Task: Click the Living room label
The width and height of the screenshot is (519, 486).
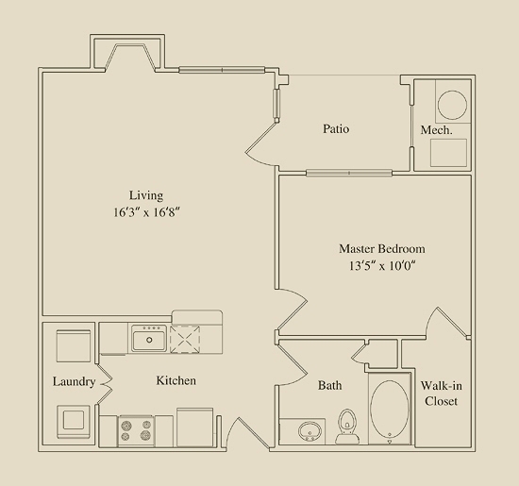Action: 146,195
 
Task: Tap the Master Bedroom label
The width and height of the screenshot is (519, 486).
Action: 382,248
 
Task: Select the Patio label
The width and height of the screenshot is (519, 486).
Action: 336,128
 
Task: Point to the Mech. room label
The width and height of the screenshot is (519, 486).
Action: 436,130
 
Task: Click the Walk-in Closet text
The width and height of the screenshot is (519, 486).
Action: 442,394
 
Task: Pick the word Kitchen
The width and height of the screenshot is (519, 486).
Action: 176,380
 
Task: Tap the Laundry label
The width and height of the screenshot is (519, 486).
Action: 74,381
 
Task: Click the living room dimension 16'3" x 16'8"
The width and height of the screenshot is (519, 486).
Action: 146,212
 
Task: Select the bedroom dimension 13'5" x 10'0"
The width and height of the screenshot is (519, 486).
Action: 382,266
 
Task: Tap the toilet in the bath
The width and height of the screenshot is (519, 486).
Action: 347,427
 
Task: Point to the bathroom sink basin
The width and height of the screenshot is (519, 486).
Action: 310,431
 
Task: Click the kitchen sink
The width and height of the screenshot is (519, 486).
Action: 149,339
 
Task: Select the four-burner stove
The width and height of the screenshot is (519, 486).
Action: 136,430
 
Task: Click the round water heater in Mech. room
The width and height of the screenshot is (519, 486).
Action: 452,105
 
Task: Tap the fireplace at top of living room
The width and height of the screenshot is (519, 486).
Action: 130,58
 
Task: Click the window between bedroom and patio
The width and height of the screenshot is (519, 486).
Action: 349,173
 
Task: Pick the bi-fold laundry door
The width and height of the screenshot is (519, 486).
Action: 105,384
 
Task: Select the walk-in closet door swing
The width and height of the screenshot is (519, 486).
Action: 447,322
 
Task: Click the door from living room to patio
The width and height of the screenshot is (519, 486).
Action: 261,143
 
